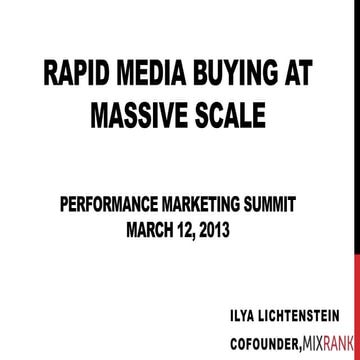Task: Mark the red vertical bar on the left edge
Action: (3, 180)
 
